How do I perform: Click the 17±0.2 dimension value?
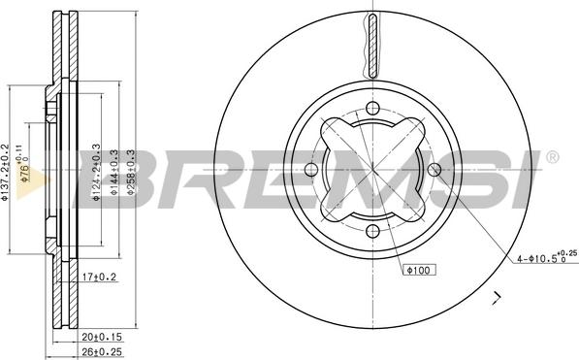click(x=98, y=278)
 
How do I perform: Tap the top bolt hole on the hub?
click(x=372, y=110)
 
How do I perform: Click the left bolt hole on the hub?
click(x=311, y=171)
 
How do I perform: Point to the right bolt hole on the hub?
click(x=434, y=171)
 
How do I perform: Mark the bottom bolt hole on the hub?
click(x=372, y=232)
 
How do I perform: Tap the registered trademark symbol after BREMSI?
click(x=553, y=156)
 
